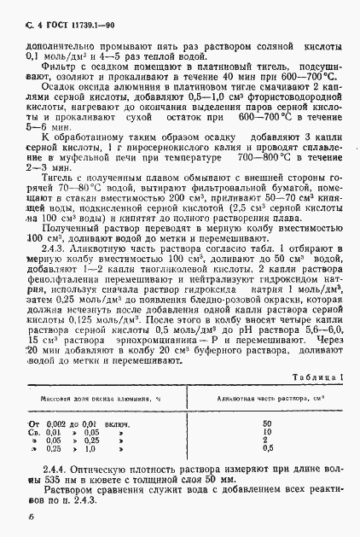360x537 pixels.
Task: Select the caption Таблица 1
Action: (x=316, y=353)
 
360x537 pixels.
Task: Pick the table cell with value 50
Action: (x=267, y=400)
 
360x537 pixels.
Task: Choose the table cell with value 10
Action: (x=267, y=408)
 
